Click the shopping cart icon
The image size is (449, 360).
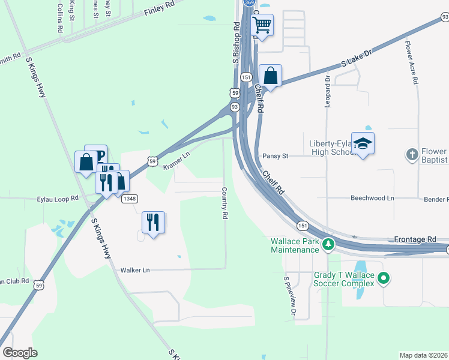[262, 26]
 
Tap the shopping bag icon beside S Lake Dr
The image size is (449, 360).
[271, 76]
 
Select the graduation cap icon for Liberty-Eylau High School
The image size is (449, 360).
[363, 143]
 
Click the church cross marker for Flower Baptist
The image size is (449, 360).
[412, 154]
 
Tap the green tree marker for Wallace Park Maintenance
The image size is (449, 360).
[328, 244]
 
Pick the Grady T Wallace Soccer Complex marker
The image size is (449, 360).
[385, 278]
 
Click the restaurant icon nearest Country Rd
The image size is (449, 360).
[153, 223]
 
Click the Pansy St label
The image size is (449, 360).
[276, 156]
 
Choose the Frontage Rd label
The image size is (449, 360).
[415, 239]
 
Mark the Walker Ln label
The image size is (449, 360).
[134, 270]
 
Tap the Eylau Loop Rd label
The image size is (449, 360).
[58, 198]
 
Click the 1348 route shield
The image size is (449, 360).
[129, 199]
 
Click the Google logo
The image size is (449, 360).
[20, 353]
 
